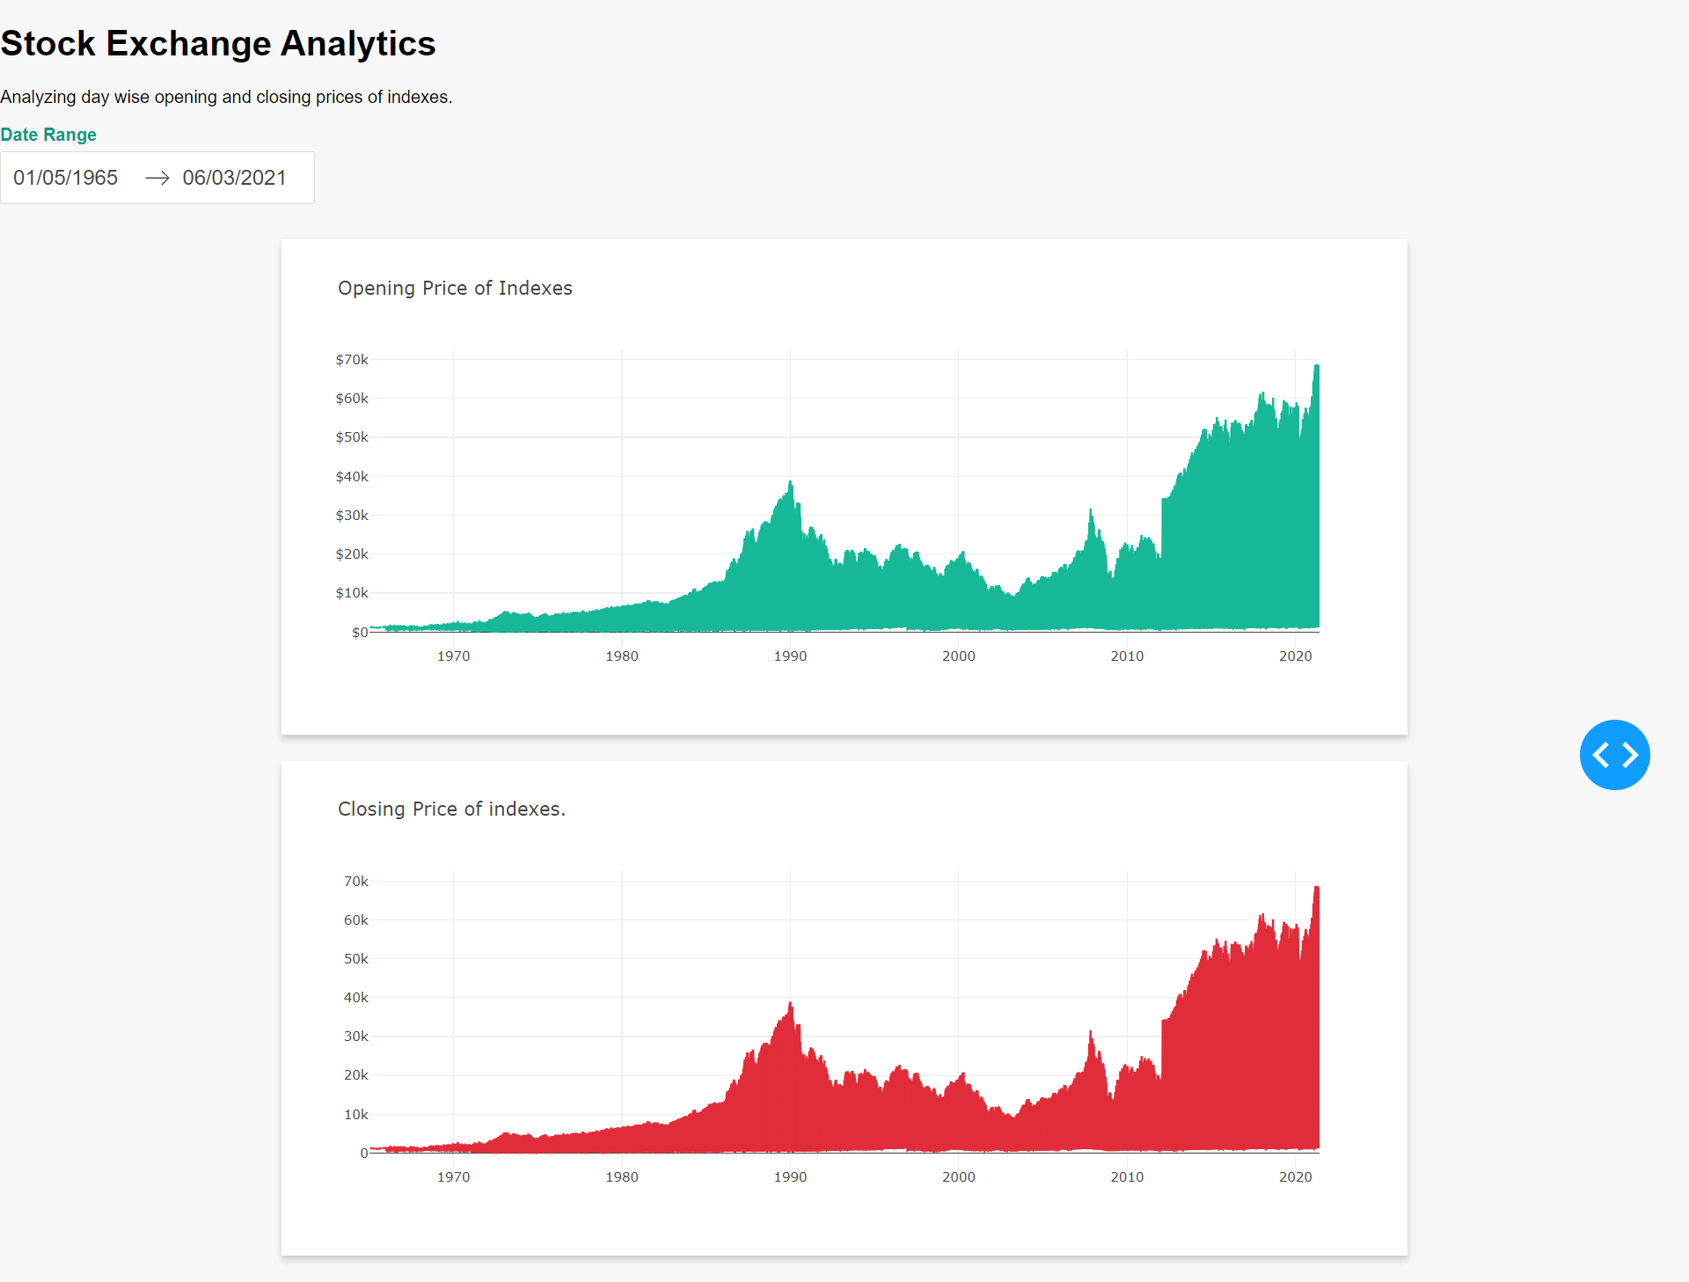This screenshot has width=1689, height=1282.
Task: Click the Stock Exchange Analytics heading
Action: click(218, 44)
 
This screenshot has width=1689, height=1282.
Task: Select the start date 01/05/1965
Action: click(66, 178)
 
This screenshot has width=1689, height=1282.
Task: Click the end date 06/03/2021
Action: click(234, 178)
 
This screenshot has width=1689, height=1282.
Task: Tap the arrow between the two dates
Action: click(157, 178)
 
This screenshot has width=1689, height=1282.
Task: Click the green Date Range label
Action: click(48, 135)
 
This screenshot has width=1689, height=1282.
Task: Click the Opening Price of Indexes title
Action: click(455, 289)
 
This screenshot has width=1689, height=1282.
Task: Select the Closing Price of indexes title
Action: click(451, 809)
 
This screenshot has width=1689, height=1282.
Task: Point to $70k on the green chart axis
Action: click(352, 360)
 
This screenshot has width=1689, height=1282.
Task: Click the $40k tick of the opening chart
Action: click(352, 477)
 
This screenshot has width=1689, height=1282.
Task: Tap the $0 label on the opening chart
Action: click(359, 633)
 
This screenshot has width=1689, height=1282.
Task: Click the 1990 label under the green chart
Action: click(790, 656)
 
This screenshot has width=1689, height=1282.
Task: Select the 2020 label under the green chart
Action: click(1295, 656)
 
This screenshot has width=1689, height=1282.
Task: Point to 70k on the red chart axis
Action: click(355, 882)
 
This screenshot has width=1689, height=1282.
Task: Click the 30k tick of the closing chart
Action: click(355, 1037)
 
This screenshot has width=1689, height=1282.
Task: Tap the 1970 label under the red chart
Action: click(453, 1177)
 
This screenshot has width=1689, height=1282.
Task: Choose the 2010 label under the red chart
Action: click(1127, 1177)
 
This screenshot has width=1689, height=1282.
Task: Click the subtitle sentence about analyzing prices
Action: click(226, 97)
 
